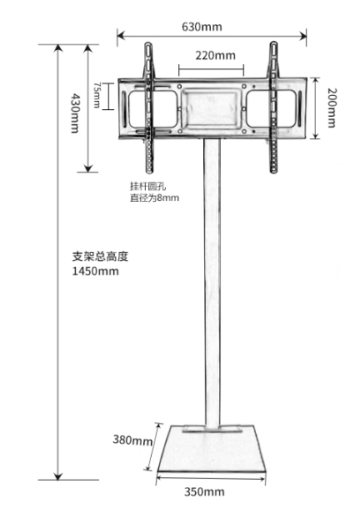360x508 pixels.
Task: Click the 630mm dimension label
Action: [x=202, y=27]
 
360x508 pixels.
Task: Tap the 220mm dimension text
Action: [x=215, y=55]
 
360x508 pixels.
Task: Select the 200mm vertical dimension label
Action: [x=332, y=108]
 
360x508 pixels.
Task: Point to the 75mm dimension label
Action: [x=97, y=95]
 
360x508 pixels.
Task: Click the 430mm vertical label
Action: [x=75, y=113]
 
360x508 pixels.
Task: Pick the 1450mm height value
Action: [x=95, y=271]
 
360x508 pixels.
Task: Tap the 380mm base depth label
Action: [x=132, y=440]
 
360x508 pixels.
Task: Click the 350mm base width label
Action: [x=204, y=491]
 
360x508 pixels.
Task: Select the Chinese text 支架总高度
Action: [x=100, y=257]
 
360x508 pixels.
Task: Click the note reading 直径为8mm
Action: [x=154, y=198]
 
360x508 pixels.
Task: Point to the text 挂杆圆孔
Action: [x=148, y=186]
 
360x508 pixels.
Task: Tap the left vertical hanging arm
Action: [x=149, y=108]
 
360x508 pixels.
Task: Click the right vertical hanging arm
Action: [x=274, y=108]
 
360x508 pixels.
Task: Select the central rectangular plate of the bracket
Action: [x=212, y=108]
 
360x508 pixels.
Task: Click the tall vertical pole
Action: [x=212, y=282]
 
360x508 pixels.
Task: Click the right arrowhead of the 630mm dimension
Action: [x=303, y=35]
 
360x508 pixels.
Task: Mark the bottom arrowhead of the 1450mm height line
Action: [x=58, y=475]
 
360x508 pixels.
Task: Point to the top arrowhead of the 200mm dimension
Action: [x=315, y=81]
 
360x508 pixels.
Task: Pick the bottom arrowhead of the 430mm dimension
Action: [x=88, y=168]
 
